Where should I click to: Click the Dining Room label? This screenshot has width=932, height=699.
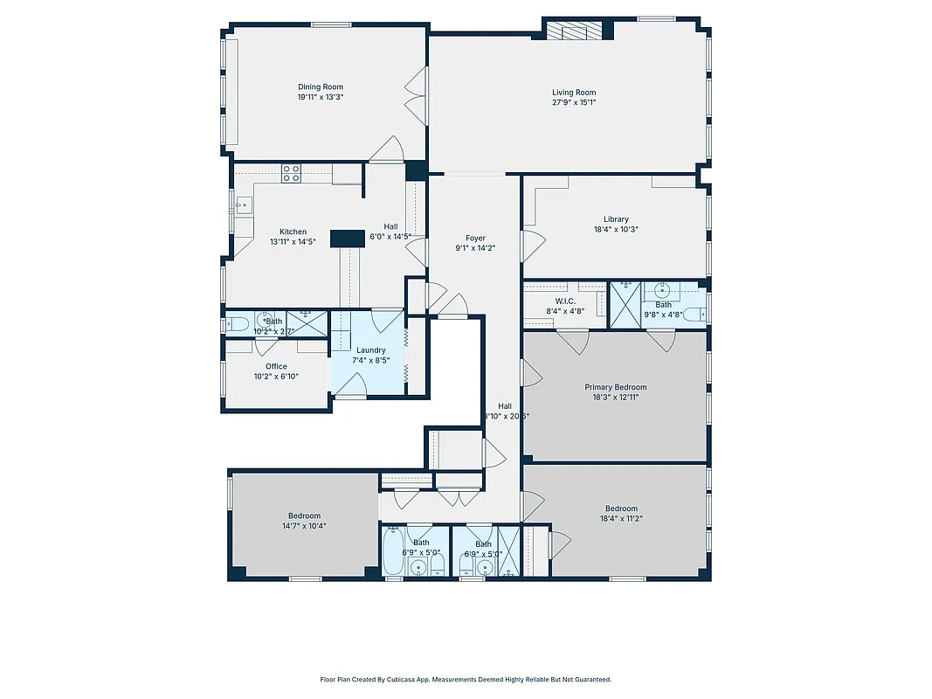[x=321, y=87]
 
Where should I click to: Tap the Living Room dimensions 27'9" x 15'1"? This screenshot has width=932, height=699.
[x=574, y=102]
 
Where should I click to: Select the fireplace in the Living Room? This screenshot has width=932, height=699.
[x=575, y=31]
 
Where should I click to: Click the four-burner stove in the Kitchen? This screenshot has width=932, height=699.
[x=291, y=173]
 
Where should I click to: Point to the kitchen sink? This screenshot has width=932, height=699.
[x=241, y=207]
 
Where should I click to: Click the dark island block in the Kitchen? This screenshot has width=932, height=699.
[x=347, y=239]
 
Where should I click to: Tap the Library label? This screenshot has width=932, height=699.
[x=616, y=219]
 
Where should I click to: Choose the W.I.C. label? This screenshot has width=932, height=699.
[x=565, y=301]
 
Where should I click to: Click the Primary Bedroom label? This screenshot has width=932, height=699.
[x=616, y=387]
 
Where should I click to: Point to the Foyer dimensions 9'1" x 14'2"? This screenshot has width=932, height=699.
[x=475, y=248]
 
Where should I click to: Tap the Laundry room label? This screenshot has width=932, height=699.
[x=371, y=350]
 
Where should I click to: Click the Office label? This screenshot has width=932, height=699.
[x=276, y=366]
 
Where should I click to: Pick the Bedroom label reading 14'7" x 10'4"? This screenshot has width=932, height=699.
[x=304, y=526]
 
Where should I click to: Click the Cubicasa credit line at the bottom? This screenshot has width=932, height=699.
[x=466, y=679]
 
